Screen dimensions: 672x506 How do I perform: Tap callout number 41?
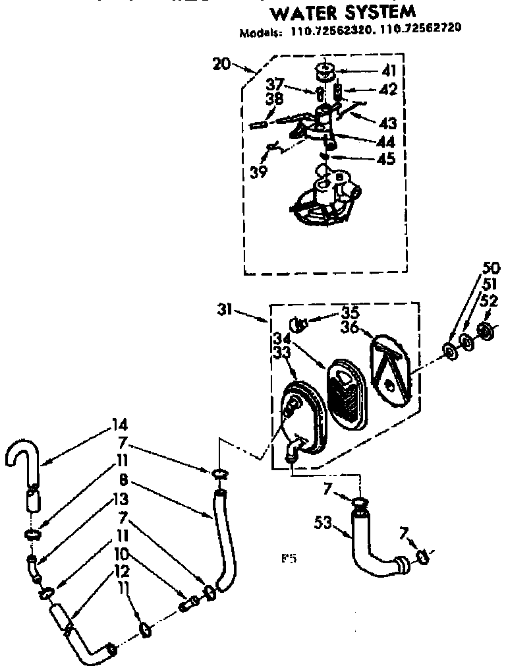pos(389,70)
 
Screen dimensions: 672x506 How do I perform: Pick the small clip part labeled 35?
pos(299,324)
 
